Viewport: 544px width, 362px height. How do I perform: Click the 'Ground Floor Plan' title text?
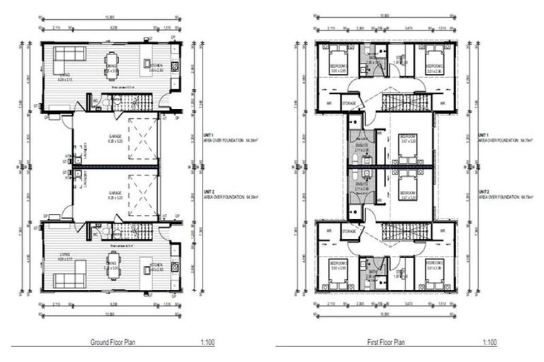(x=114, y=341)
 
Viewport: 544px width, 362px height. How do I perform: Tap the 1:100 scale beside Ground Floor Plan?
(x=205, y=341)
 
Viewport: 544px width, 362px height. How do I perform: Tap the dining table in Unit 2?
(x=113, y=264)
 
